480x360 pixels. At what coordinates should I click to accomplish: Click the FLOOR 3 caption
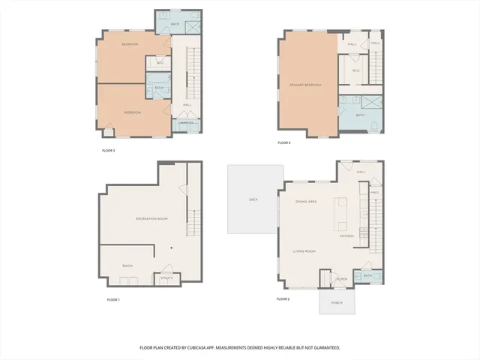(108, 151)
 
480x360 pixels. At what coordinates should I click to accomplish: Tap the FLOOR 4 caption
(283, 142)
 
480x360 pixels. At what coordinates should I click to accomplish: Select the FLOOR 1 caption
(113, 299)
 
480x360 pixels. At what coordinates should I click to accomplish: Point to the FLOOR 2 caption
(283, 299)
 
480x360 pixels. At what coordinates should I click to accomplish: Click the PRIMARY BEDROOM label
(305, 85)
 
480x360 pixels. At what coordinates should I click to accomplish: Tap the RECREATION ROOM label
(151, 218)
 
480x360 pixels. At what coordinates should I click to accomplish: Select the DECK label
(253, 199)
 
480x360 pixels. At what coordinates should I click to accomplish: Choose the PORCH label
(336, 303)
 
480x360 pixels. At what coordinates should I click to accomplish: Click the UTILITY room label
(166, 278)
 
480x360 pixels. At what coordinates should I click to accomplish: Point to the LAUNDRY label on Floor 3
(186, 123)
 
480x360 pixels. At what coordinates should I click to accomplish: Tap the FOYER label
(341, 278)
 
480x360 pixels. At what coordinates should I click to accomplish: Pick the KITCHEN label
(346, 235)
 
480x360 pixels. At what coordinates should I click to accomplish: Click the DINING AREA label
(307, 202)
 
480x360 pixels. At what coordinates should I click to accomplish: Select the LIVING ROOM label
(304, 251)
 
